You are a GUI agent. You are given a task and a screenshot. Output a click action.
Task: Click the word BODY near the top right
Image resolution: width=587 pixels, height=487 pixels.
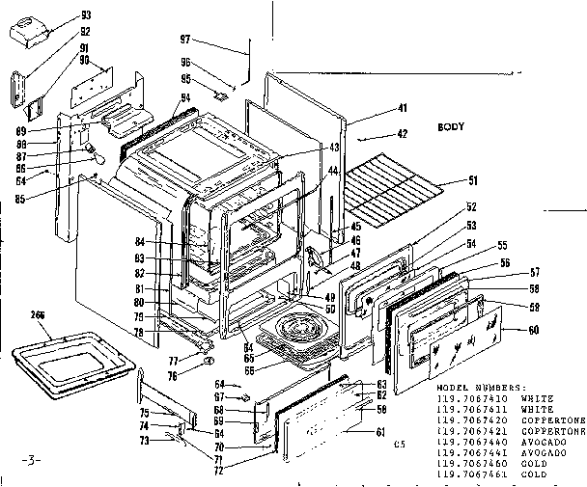coord(451,127)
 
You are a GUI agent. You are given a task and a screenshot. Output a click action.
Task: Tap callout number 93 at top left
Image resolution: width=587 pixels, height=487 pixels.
coord(86,15)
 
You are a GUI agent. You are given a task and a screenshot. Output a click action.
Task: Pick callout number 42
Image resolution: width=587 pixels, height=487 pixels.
coord(403,135)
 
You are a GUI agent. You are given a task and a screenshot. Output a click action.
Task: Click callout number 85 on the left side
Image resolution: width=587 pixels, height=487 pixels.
coord(46,200)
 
